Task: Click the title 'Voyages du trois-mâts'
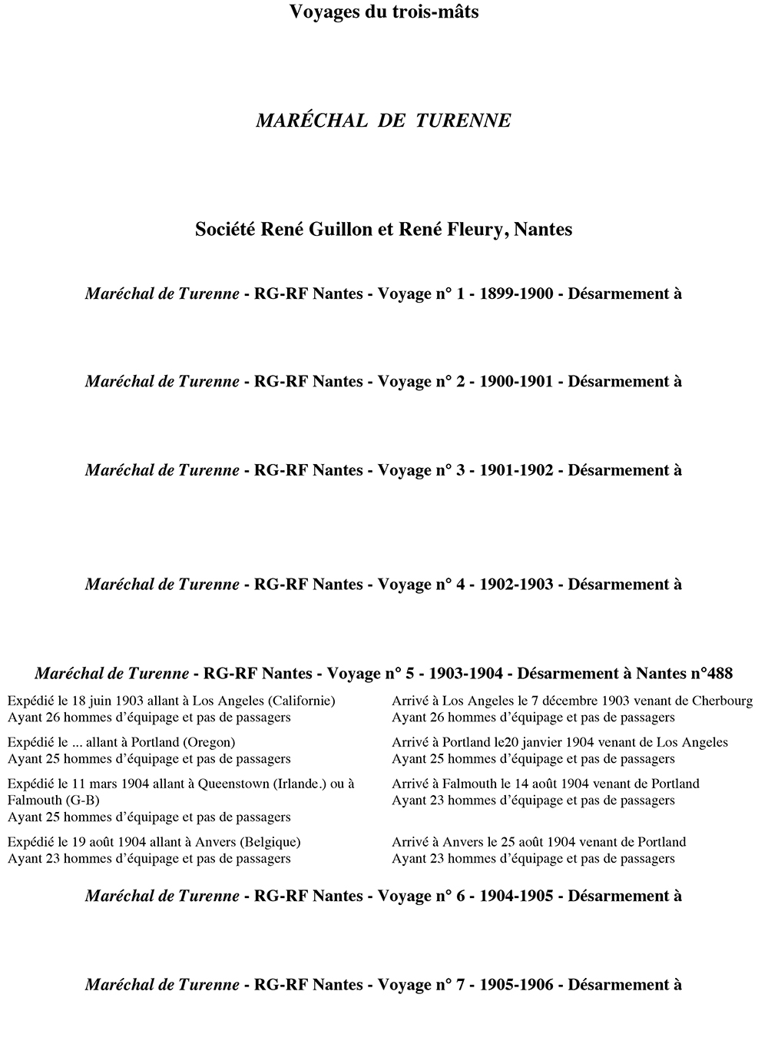[384, 12]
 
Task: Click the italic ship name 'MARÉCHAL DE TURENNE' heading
[383, 121]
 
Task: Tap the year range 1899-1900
[516, 293]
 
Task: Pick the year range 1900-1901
[516, 382]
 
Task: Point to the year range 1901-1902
[516, 470]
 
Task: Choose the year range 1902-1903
[516, 585]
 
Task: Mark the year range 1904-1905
[516, 896]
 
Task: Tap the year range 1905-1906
[516, 985]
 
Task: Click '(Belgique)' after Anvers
[270, 842]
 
